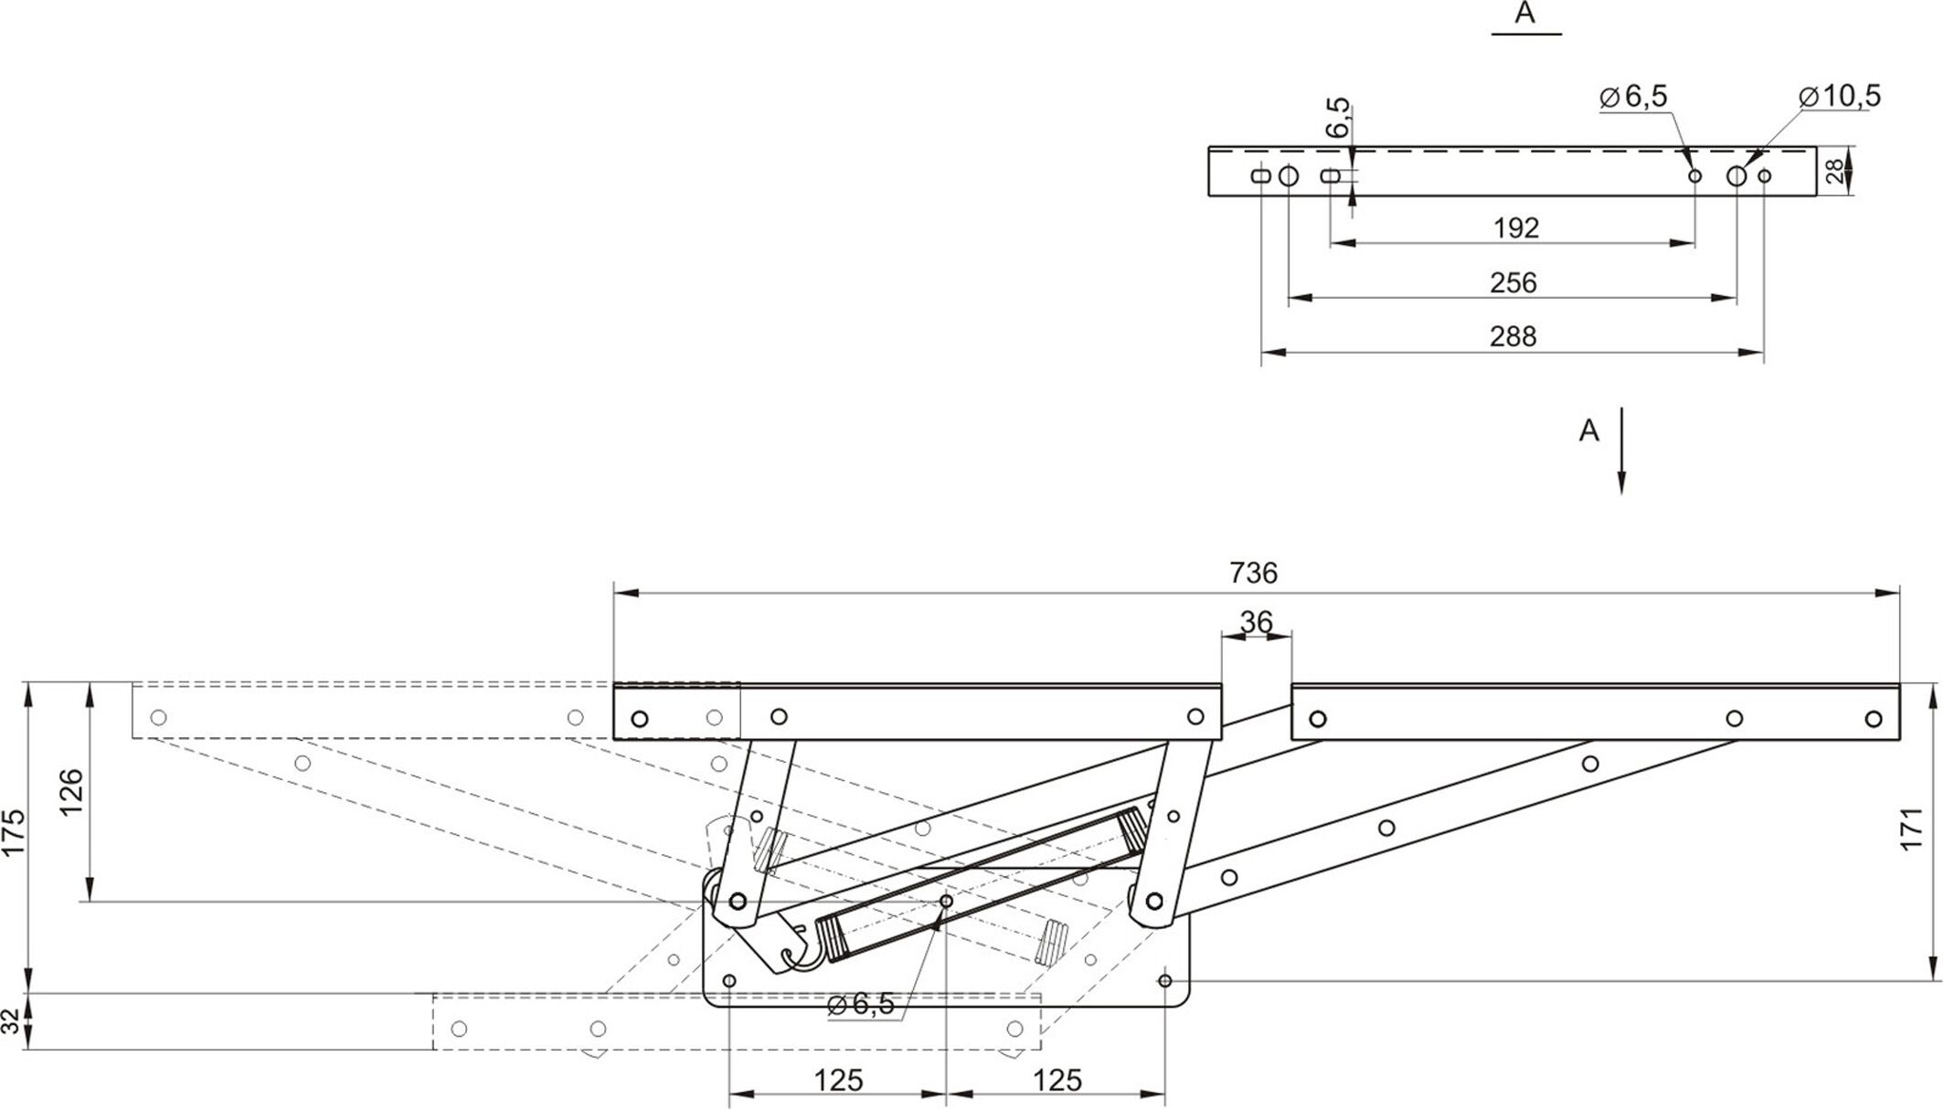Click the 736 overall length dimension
[1253, 574]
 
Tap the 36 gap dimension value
[1256, 622]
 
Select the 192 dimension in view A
[1516, 227]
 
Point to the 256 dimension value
[1513, 282]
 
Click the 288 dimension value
[1513, 336]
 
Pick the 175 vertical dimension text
[15, 832]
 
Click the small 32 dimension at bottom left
[12, 1021]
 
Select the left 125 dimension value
[838, 1081]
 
